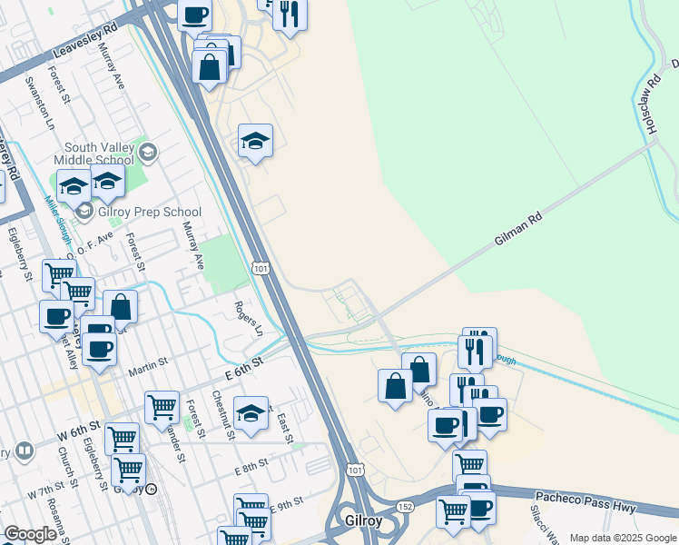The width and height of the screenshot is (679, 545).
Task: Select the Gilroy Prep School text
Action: click(x=150, y=212)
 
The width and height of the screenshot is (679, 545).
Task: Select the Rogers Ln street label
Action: click(x=248, y=319)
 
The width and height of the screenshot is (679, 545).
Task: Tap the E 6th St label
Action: click(x=243, y=367)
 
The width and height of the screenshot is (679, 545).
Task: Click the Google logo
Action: click(x=30, y=534)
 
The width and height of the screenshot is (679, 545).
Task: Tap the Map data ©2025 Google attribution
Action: click(x=623, y=538)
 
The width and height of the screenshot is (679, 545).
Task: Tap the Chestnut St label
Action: click(x=224, y=415)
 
